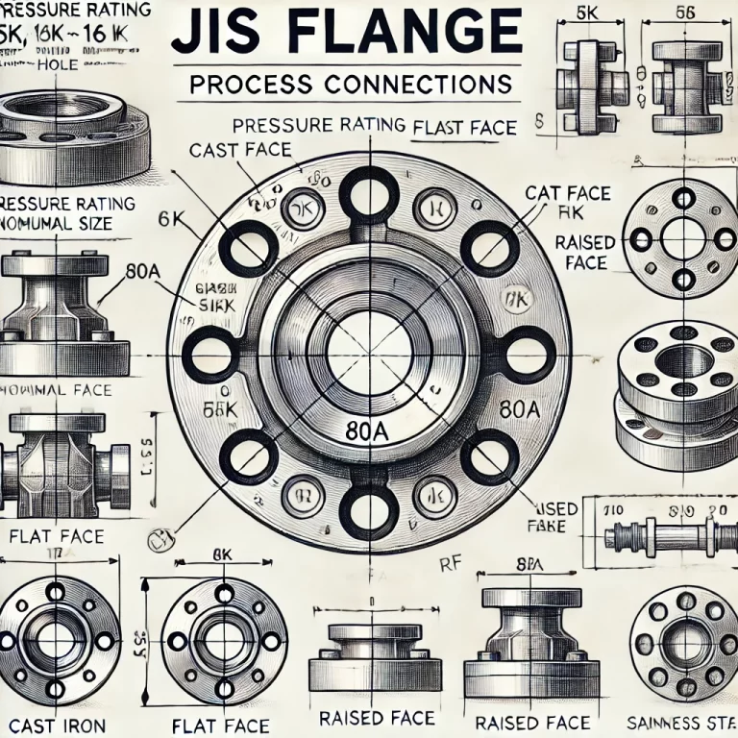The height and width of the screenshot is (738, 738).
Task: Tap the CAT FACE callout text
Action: tap(567, 193)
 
